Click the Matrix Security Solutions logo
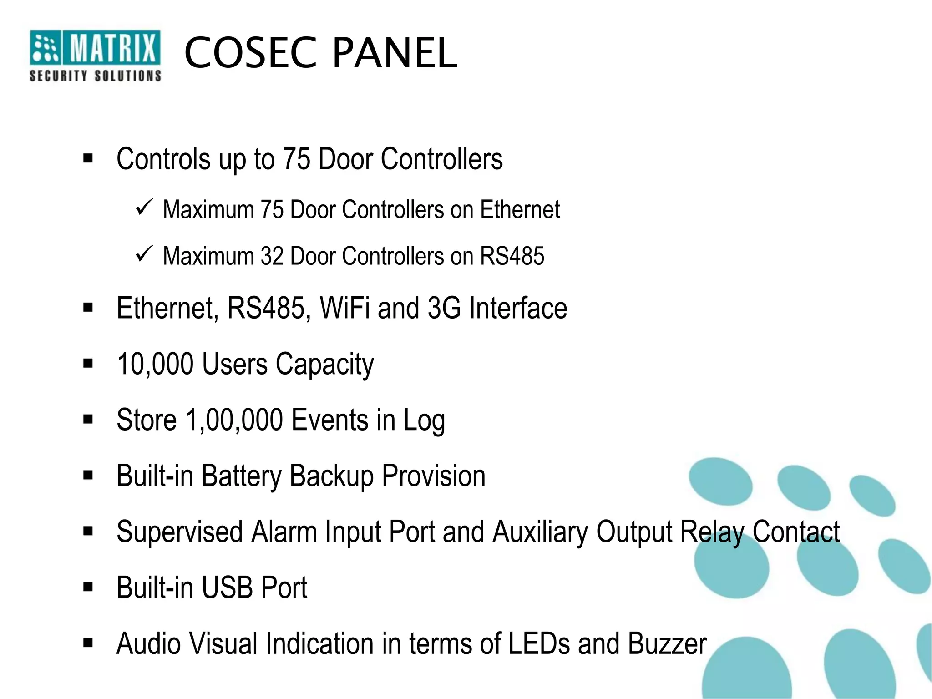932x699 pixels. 95,56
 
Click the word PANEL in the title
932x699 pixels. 395,53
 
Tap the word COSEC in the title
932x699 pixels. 250,53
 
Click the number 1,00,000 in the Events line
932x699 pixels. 234,420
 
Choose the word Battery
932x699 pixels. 241,476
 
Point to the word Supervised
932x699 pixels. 179,532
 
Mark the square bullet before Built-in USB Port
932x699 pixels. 88,587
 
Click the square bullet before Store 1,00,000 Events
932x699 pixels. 88,419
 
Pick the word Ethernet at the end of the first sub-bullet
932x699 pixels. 520,210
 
